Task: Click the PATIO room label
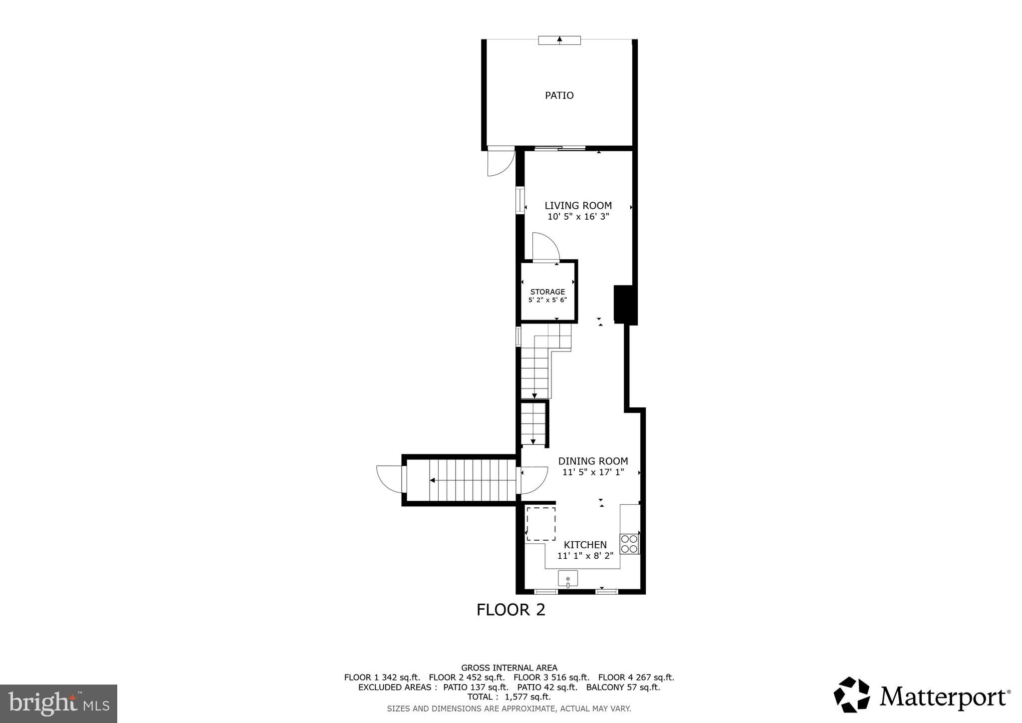click(x=559, y=95)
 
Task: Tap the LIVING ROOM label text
click(x=578, y=205)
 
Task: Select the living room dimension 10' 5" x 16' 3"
click(x=578, y=217)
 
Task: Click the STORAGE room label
click(x=547, y=292)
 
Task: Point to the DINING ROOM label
click(x=593, y=461)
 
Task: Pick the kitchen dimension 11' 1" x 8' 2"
click(x=585, y=556)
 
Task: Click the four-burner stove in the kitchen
click(x=629, y=544)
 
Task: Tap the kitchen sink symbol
click(x=567, y=578)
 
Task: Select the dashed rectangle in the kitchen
click(x=541, y=523)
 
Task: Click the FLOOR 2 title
click(x=511, y=610)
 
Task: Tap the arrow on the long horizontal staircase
click(x=433, y=480)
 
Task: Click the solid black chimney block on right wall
click(x=625, y=305)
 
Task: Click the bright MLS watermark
click(x=58, y=704)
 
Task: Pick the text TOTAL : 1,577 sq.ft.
click(x=509, y=697)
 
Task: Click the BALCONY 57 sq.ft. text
click(x=623, y=687)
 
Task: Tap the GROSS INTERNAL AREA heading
click(x=509, y=668)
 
